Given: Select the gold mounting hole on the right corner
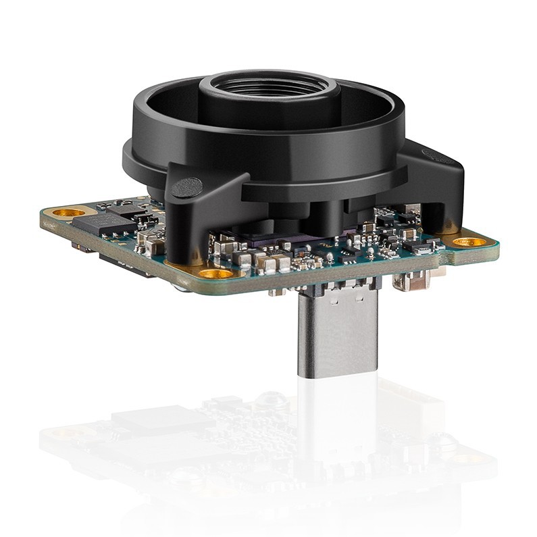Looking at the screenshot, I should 468,241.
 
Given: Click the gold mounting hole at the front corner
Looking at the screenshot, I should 215,274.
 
